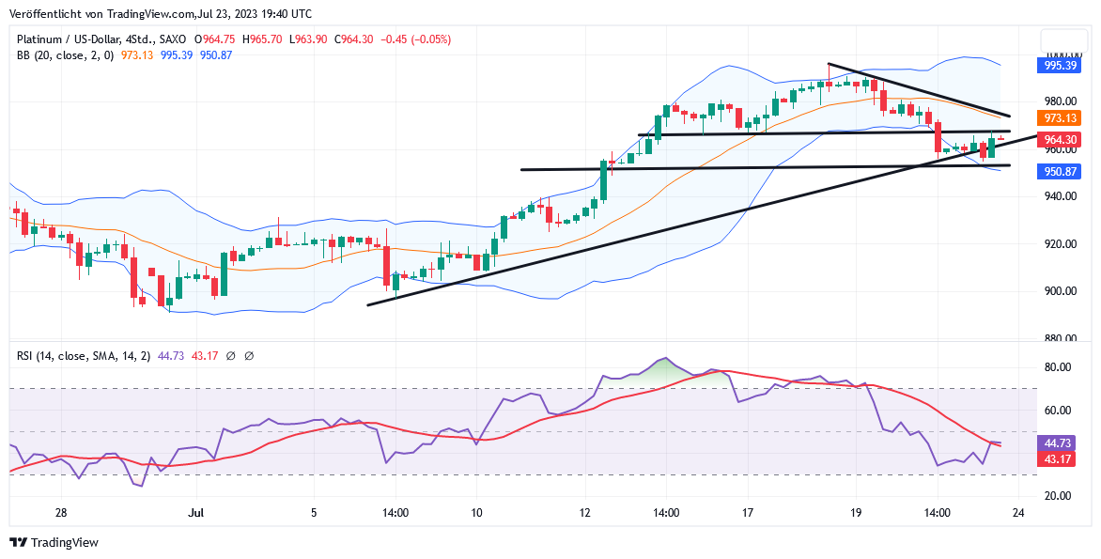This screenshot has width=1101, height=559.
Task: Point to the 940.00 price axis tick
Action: [1059, 196]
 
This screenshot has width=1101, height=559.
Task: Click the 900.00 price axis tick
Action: [1059, 291]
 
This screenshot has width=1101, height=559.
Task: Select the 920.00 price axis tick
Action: [1059, 244]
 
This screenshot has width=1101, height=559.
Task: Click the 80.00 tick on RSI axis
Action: [1059, 367]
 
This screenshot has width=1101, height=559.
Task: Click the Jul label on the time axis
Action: [196, 513]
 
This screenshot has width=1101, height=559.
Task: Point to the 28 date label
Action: [61, 513]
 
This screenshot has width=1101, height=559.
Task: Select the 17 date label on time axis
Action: [748, 513]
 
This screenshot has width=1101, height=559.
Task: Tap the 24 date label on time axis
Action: [1017, 513]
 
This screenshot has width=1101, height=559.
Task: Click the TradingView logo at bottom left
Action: [54, 542]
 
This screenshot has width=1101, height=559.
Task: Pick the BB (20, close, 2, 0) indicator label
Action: [65, 55]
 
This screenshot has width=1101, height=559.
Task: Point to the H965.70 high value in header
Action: [263, 39]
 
